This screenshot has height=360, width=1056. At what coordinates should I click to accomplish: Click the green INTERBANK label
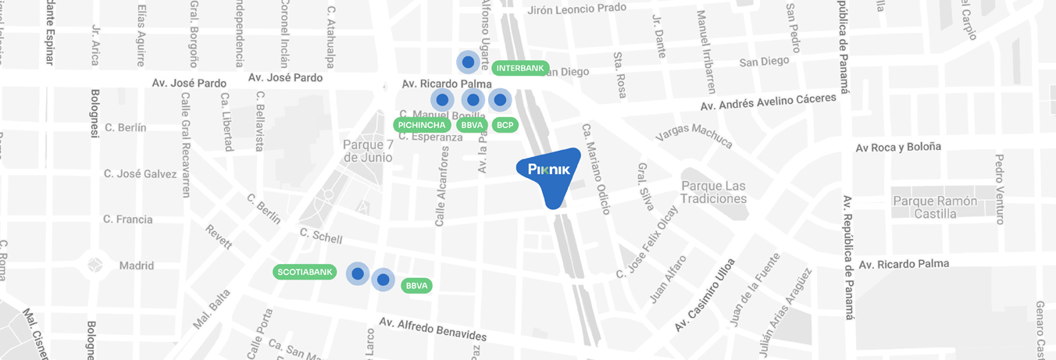point(520,68)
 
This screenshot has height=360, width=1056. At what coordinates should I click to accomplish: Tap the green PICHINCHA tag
point(422,125)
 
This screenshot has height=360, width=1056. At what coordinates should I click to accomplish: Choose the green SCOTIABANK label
point(305,273)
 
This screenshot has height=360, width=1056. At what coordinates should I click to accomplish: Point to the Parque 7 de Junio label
point(367,151)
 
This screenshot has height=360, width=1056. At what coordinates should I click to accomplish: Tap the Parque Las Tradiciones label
point(713,192)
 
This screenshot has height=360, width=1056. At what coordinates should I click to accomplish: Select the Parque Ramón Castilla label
point(935,207)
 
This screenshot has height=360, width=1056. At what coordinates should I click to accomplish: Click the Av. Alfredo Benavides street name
point(433,329)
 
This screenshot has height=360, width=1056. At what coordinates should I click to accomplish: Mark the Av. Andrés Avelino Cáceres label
point(773,102)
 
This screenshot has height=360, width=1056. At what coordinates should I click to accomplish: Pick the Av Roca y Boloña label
point(898,147)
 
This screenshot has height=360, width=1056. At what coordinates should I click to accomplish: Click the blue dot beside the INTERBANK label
point(468,62)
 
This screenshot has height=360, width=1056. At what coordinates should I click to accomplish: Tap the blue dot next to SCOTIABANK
point(358,273)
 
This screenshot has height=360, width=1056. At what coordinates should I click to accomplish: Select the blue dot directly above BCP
point(500,100)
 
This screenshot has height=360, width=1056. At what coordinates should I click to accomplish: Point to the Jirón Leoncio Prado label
point(577,9)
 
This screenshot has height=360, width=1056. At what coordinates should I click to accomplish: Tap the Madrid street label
point(137,266)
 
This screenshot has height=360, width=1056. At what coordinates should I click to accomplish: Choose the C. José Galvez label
point(141,173)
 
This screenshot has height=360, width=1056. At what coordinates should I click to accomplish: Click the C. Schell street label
point(320,236)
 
